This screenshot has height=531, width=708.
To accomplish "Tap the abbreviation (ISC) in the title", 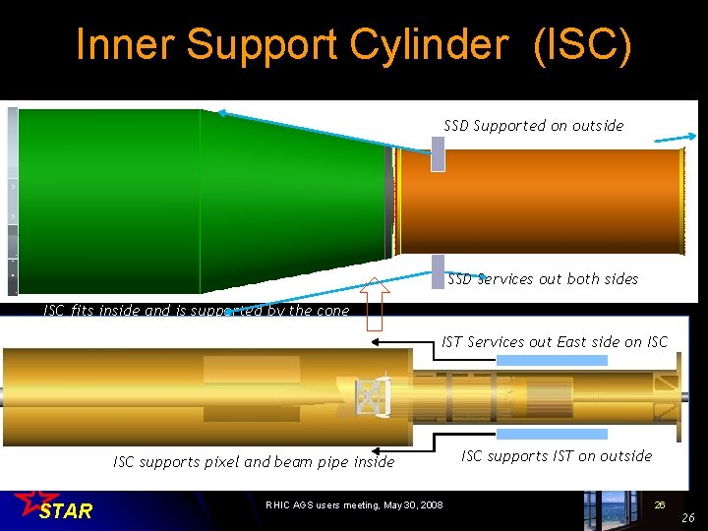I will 583,46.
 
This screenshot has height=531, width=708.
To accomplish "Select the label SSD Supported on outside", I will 533,126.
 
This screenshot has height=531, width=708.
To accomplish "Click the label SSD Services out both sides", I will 543,279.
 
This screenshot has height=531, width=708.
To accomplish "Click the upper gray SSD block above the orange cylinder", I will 438,152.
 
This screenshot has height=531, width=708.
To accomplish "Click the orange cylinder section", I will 541,202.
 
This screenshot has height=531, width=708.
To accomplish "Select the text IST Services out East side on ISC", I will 555,342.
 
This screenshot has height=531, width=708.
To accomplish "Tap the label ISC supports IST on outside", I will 557,456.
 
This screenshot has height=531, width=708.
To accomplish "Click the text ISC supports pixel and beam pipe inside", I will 254,462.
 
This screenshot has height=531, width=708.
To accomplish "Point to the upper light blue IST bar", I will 552,361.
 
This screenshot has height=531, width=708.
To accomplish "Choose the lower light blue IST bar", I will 552,433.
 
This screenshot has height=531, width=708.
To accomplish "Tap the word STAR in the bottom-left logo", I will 66,511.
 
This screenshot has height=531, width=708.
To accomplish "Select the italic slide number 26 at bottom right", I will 688,518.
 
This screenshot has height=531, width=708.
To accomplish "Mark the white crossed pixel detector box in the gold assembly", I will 370,396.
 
